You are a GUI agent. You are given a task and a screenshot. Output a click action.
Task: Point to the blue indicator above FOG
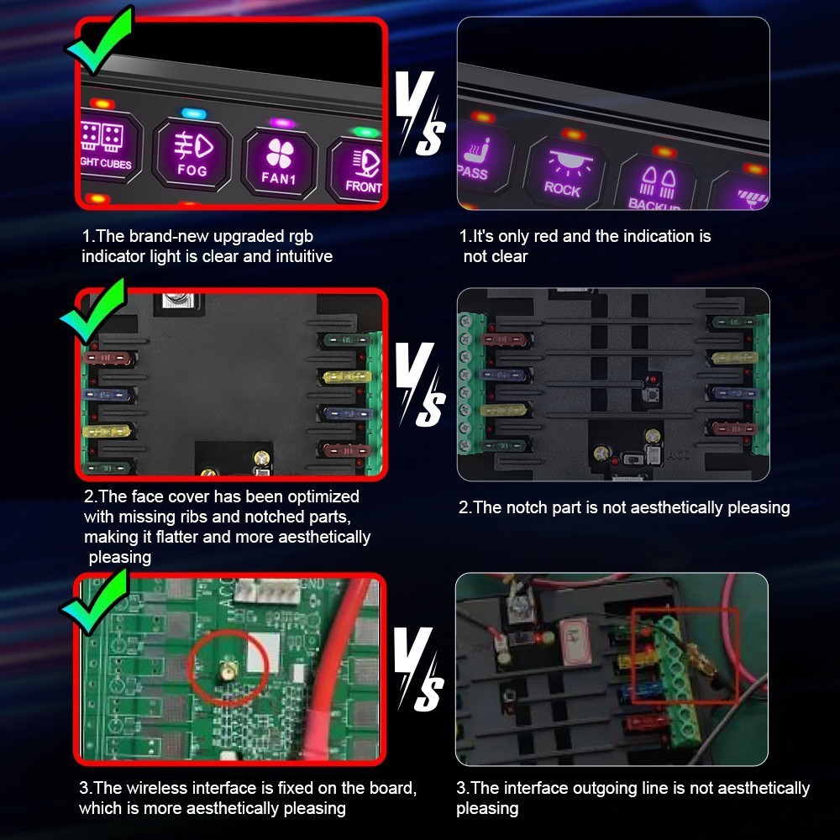[x=193, y=113]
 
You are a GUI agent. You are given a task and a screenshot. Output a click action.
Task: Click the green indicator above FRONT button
[x=365, y=132]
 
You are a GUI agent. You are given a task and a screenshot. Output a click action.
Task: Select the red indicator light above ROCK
[x=573, y=134]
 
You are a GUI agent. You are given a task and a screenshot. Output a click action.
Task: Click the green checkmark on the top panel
[x=99, y=40]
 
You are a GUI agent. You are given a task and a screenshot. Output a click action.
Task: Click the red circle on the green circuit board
[x=227, y=667]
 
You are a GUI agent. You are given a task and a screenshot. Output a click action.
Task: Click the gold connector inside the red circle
[x=226, y=671]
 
